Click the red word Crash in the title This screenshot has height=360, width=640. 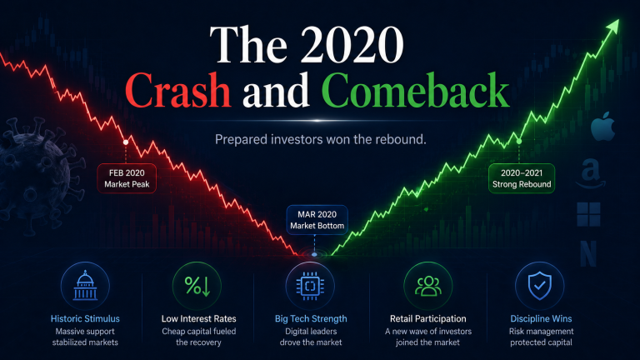(178, 90)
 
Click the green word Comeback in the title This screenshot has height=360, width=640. (415, 90)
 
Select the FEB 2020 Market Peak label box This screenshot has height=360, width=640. (127, 178)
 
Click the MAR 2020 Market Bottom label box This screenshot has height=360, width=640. (317, 220)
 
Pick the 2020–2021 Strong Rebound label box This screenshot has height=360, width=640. (522, 178)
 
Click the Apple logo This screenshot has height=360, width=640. (602, 127)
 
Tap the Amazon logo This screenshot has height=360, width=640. (591, 173)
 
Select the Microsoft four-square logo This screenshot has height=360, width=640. (588, 214)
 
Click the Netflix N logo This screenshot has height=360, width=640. (588, 253)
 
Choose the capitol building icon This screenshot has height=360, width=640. (85, 286)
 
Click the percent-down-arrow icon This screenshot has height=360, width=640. (197, 286)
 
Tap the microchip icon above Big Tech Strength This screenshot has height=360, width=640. (310, 286)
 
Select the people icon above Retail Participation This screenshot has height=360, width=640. (428, 286)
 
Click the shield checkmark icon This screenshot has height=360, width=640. (540, 286)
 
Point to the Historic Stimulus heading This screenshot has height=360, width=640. (85, 319)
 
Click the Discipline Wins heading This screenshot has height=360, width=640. (541, 319)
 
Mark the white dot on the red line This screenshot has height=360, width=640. (126, 142)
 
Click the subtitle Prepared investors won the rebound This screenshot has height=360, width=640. (320, 140)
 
